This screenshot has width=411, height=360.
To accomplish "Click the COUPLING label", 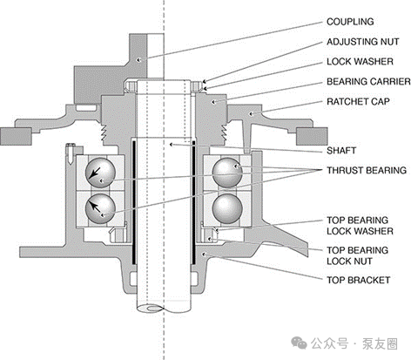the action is click(x=350, y=22).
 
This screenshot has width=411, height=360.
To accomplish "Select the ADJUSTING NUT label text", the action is click(x=363, y=42).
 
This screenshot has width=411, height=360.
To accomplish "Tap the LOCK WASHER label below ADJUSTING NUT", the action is click(x=360, y=62).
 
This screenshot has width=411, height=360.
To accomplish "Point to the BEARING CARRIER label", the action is click(x=368, y=82).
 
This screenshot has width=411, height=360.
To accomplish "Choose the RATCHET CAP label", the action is click(x=358, y=102).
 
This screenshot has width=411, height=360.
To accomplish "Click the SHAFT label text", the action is click(x=341, y=151).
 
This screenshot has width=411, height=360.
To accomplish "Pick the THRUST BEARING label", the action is click(x=367, y=170).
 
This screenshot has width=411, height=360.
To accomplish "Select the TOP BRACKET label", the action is click(x=359, y=280).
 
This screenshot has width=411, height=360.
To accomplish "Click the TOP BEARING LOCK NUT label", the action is click(x=357, y=255).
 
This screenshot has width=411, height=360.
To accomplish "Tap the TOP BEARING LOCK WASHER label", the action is click(x=360, y=226).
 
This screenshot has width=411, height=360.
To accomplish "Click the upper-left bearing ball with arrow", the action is click(x=100, y=173).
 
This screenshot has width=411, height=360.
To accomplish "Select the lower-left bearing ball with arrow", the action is click(x=100, y=208).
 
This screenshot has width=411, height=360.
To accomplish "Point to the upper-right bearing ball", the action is click(x=227, y=173).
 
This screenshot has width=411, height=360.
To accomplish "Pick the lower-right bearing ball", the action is click(x=227, y=208).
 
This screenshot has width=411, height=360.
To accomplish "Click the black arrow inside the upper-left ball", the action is click(x=95, y=173).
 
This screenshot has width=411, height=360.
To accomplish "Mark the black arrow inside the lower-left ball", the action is click(x=95, y=207).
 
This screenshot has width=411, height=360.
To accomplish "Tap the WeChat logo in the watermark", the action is click(x=299, y=343).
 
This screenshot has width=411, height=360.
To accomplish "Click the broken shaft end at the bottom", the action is click(x=151, y=308).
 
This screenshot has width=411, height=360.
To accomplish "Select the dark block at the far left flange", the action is click(x=16, y=136).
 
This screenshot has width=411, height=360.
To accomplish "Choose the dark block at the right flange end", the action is click(x=312, y=136).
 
